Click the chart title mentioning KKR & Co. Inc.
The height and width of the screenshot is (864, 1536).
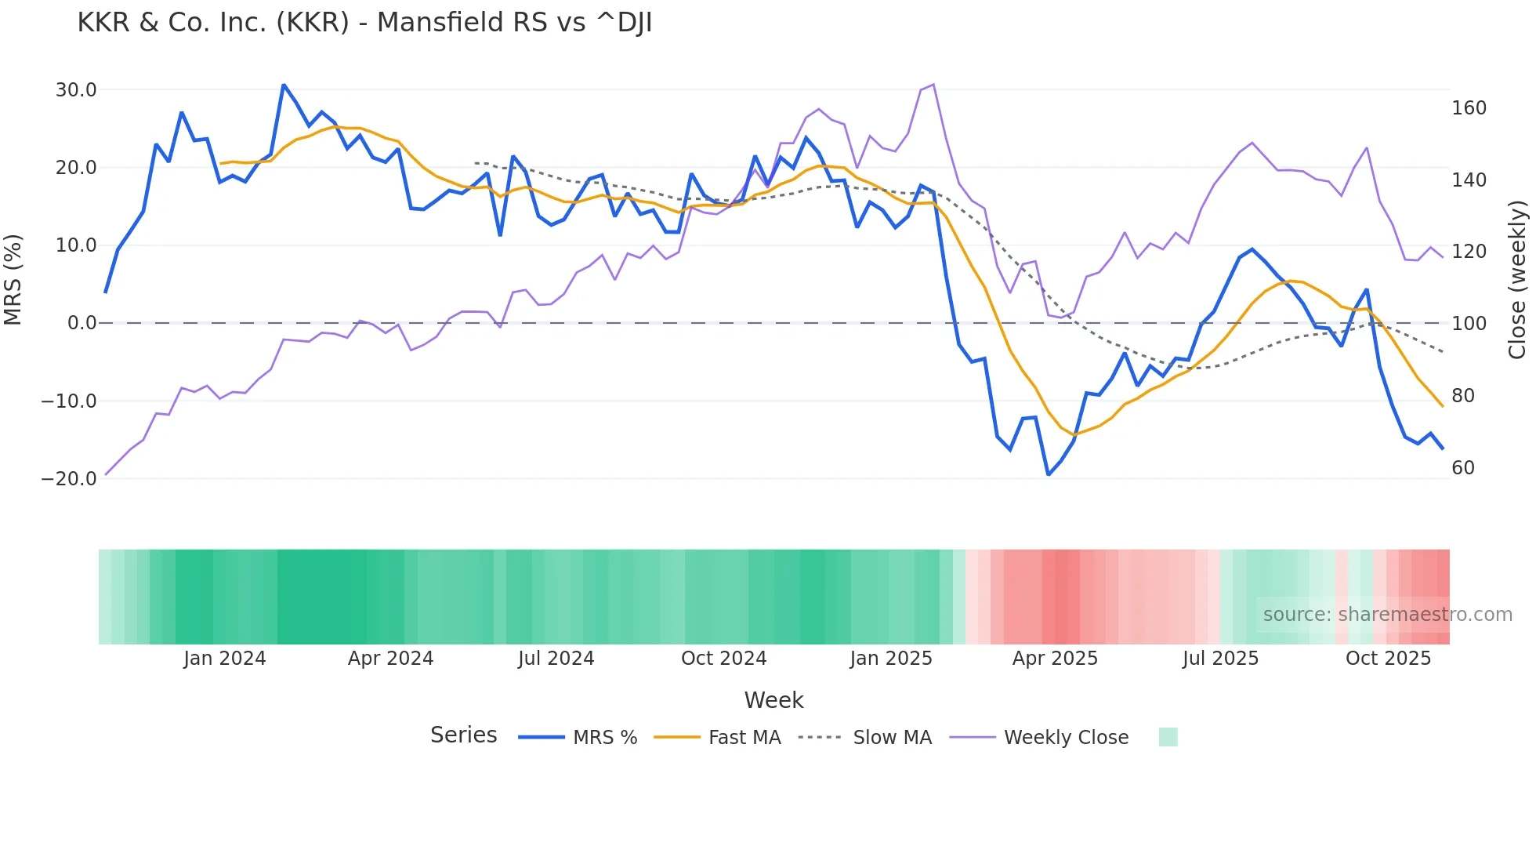coord(364,23)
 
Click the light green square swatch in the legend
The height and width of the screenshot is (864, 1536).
coord(1168,737)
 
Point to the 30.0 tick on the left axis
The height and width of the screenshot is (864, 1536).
coord(76,90)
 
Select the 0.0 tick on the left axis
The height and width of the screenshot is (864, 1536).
coord(82,323)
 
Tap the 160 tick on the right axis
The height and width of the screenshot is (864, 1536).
coord(1469,108)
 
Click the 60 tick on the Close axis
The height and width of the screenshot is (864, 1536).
coord(1463,468)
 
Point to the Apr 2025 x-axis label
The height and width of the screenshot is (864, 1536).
coord(1055,659)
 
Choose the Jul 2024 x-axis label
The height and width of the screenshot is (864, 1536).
coord(556,659)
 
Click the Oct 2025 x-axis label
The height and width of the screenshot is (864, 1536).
coord(1388,659)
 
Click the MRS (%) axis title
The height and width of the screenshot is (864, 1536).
coord(13,280)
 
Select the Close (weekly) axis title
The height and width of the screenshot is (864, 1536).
coord(1517,280)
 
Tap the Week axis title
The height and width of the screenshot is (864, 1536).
coord(773,700)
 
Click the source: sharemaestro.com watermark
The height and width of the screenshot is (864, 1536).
coord(1387,615)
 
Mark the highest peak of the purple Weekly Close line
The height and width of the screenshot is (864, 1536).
coord(933,85)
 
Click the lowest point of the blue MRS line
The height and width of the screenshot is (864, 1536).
coord(1049,474)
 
